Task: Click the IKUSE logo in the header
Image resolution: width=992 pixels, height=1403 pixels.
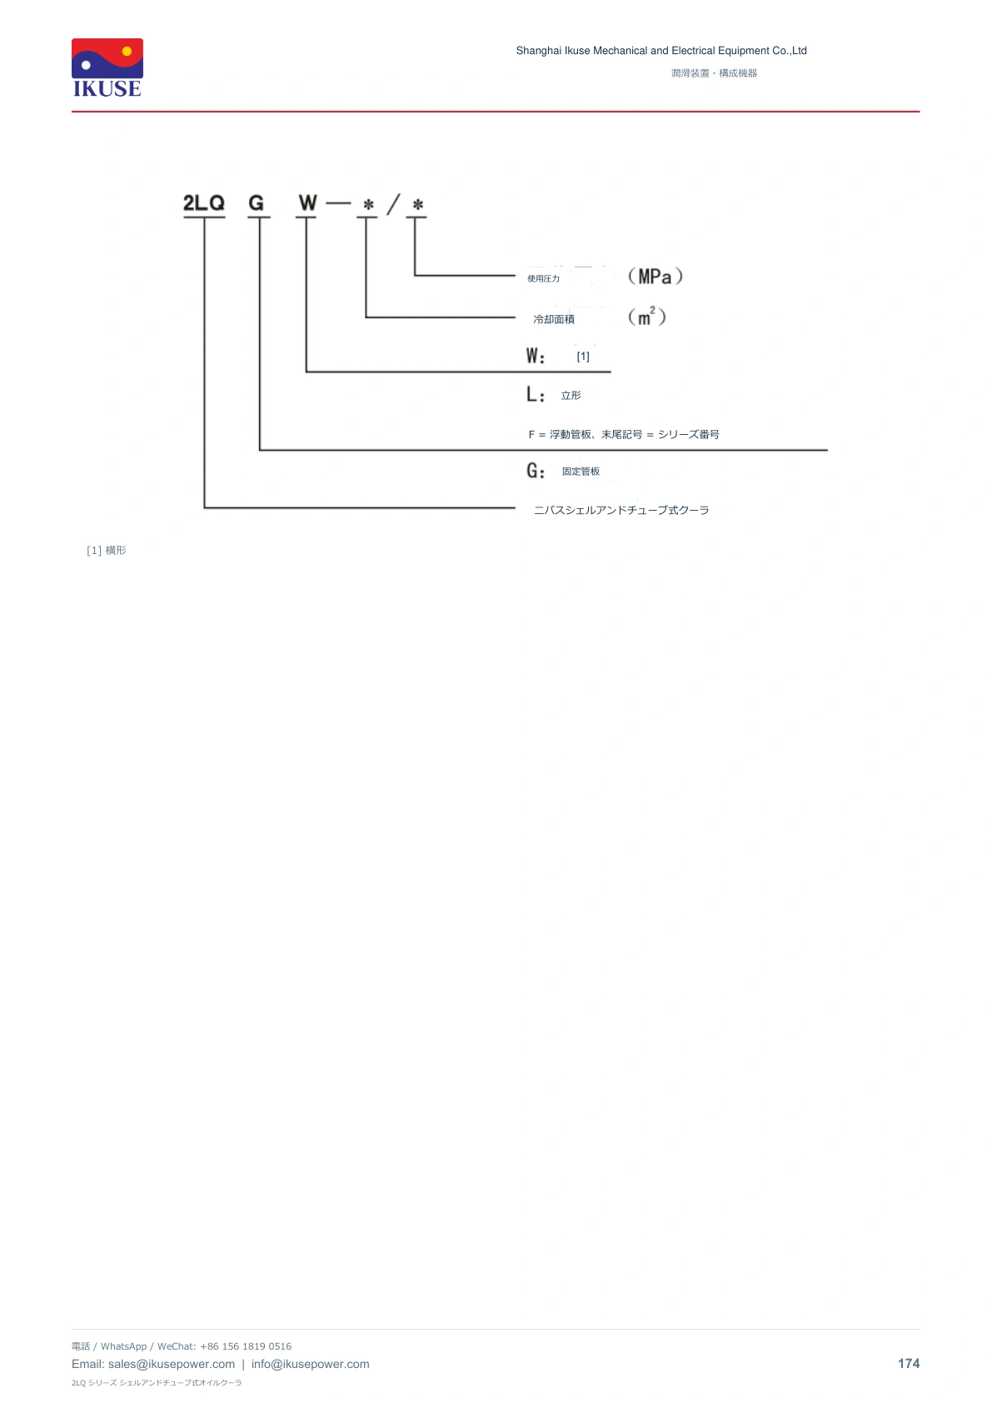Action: click(x=107, y=68)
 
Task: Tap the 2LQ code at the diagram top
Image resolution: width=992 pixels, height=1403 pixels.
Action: click(x=203, y=203)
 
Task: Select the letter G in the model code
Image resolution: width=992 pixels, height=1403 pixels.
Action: click(x=257, y=203)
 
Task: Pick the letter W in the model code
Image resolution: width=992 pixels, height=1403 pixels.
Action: click(x=307, y=203)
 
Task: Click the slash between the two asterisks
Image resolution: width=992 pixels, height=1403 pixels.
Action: click(x=392, y=204)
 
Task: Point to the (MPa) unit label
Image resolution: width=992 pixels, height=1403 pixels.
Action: click(x=655, y=277)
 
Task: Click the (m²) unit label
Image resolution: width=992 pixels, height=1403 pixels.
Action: click(x=646, y=317)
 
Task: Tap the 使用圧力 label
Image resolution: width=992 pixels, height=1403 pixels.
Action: click(x=543, y=279)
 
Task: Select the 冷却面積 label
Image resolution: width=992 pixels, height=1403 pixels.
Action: click(x=554, y=319)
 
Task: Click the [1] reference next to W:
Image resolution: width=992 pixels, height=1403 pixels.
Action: click(x=583, y=357)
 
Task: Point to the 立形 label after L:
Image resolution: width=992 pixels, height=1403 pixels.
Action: click(x=571, y=395)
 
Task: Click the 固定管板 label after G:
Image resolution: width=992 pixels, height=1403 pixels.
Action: click(x=581, y=471)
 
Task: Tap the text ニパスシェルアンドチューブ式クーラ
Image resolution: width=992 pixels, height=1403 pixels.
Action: click(x=621, y=511)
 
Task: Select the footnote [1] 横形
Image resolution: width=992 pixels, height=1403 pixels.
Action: click(x=107, y=550)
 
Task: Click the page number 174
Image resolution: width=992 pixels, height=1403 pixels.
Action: click(x=909, y=1364)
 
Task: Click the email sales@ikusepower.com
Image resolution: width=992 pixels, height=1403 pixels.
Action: click(x=172, y=1364)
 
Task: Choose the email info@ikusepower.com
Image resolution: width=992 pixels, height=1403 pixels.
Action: click(x=310, y=1364)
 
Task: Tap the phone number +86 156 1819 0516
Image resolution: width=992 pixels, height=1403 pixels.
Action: click(x=246, y=1346)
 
